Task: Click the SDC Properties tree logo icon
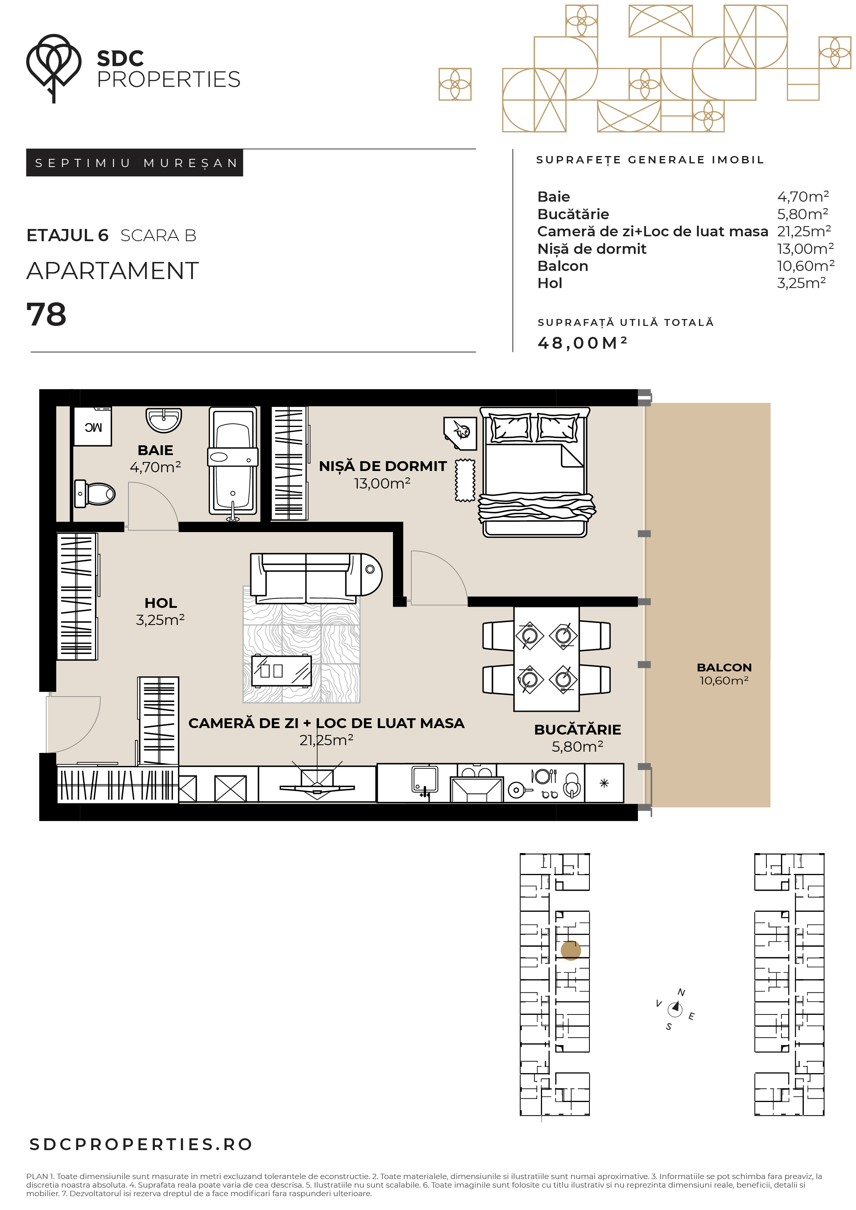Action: [x=53, y=68]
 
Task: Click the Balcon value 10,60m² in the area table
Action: [x=805, y=266]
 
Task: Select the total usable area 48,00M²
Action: [x=582, y=343]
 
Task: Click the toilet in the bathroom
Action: [x=95, y=494]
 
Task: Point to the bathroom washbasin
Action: [x=163, y=420]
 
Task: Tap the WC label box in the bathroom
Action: [x=92, y=426]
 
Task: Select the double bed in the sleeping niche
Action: [x=536, y=472]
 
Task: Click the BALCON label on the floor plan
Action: [x=724, y=667]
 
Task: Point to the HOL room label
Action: [x=161, y=603]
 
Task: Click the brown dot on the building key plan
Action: [x=571, y=951]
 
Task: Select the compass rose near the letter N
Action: [x=675, y=1009]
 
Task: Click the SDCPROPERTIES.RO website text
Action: [x=141, y=1144]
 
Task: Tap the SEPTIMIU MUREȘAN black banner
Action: [x=135, y=163]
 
